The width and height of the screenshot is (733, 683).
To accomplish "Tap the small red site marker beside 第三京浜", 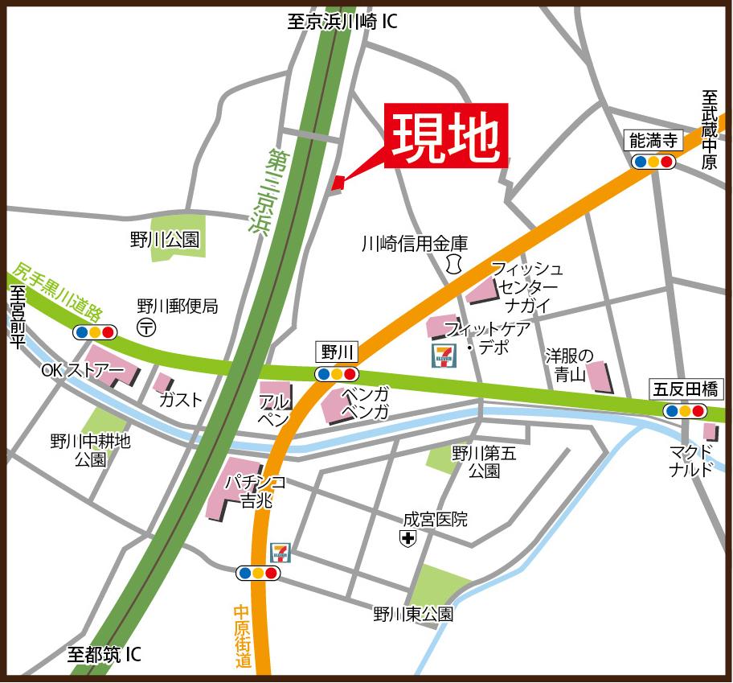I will pos(338,183).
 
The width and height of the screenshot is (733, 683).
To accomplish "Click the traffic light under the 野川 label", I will pos(337,374).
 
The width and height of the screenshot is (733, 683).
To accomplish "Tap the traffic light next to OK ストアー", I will pos(95,331).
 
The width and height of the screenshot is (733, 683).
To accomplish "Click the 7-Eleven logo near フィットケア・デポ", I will pos(443,355).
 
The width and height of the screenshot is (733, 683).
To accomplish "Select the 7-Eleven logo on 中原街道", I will pos(281,552).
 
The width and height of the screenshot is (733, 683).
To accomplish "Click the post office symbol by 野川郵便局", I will pos(146,327).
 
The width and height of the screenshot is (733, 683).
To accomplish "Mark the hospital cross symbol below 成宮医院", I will pos(408,539).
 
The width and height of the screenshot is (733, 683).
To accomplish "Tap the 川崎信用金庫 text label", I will pos(414,243).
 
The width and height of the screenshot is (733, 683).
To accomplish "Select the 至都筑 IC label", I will pos(104,655).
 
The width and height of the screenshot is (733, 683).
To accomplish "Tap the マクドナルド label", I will pos(691,460).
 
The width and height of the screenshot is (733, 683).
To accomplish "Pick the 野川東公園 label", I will pos(412,614).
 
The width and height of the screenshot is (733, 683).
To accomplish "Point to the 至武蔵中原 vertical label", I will pos(709,129).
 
